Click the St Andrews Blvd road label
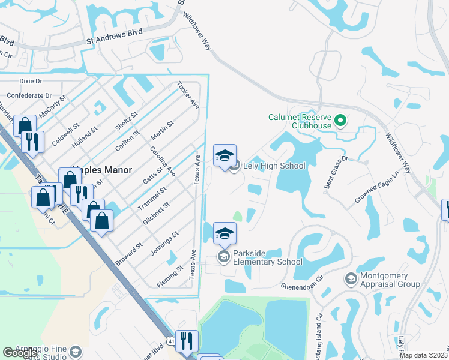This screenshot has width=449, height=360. click(114, 37)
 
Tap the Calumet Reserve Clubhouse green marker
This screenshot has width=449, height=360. click(340, 121)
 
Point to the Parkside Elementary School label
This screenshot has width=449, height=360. click(268, 257)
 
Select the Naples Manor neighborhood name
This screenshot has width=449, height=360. click(102, 170)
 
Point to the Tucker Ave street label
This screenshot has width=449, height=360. click(188, 95)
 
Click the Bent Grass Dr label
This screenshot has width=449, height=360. click(336, 173)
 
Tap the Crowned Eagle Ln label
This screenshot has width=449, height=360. click(375, 188)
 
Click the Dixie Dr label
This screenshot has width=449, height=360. click(31, 81)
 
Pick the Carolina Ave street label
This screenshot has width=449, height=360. click(162, 162)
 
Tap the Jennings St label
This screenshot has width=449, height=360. click(164, 243)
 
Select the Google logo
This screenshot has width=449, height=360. click(20, 353)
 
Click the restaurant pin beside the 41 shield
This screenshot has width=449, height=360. click(187, 341)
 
